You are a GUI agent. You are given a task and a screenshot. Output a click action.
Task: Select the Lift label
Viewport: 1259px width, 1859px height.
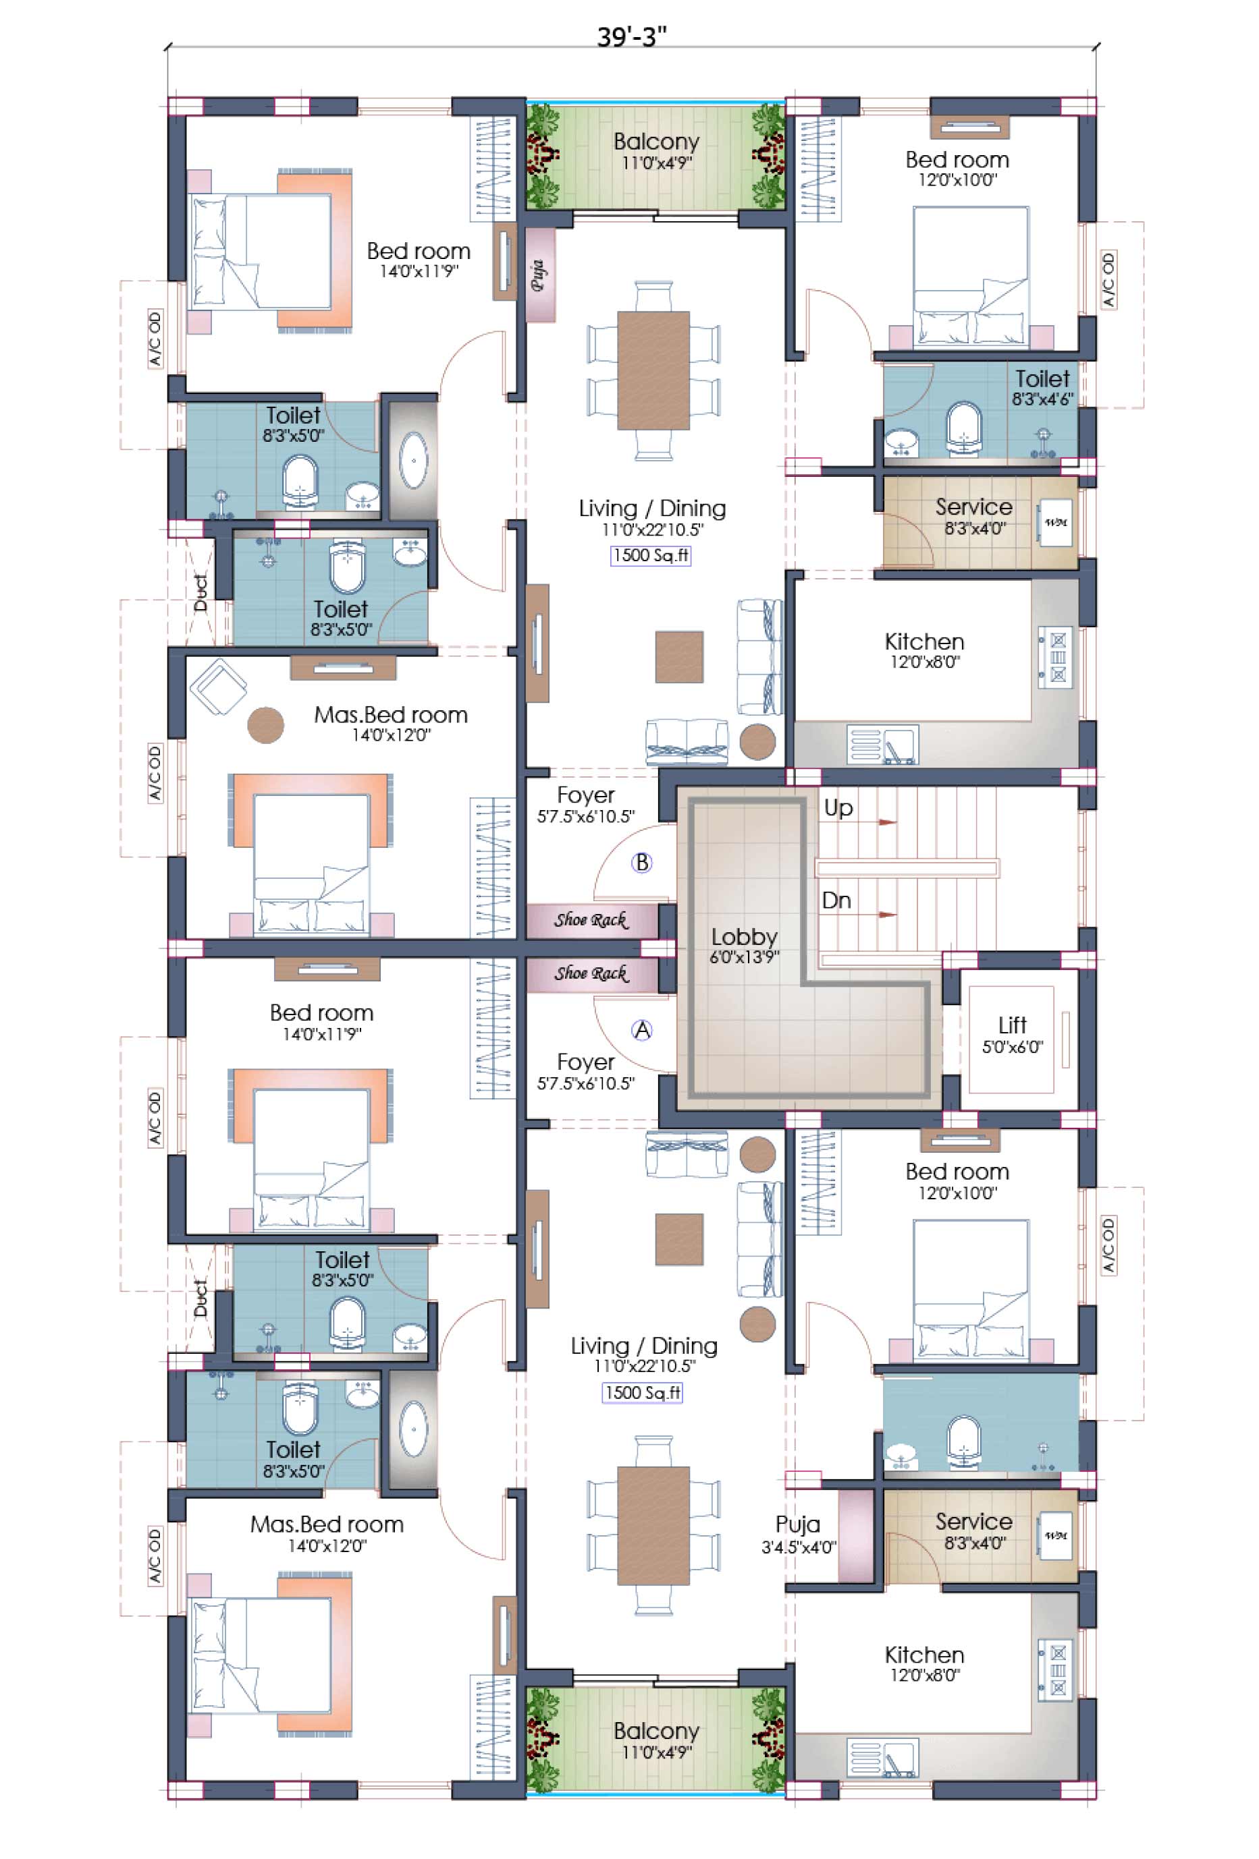pyautogui.click(x=1012, y=1025)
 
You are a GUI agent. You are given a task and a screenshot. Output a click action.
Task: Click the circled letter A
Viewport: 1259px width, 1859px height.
pyautogui.click(x=641, y=1030)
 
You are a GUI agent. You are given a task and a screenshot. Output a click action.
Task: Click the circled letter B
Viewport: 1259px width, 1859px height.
pyautogui.click(x=641, y=862)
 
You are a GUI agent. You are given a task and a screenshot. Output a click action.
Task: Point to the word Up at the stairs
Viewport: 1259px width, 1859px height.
pyautogui.click(x=838, y=808)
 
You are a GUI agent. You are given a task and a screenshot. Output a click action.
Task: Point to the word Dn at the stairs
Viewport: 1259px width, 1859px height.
pyautogui.click(x=836, y=900)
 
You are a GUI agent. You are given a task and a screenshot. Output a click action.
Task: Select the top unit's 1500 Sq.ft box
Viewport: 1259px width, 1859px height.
pyautogui.click(x=650, y=555)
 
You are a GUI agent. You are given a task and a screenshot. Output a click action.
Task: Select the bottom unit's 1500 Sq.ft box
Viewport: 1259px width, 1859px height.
pyautogui.click(x=642, y=1393)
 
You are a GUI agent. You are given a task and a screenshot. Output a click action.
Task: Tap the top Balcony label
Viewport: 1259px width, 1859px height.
pyautogui.click(x=656, y=142)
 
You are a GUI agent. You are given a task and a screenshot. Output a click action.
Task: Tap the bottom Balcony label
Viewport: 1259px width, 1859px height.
pyautogui.click(x=656, y=1730)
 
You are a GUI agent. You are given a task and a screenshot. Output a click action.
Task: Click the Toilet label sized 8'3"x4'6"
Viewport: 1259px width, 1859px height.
pyautogui.click(x=1042, y=378)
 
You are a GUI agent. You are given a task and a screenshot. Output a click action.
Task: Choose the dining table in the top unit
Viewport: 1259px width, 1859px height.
pyautogui.click(x=653, y=370)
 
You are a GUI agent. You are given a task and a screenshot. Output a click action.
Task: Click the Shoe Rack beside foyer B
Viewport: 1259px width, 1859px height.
pyautogui.click(x=591, y=921)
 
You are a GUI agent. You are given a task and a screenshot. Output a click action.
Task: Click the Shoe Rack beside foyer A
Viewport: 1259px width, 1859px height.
pyautogui.click(x=591, y=974)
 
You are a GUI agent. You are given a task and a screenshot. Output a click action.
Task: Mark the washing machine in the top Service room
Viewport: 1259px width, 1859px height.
pyautogui.click(x=1055, y=523)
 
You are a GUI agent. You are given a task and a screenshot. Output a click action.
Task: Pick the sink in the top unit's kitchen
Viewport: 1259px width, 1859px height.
pyautogui.click(x=883, y=745)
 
